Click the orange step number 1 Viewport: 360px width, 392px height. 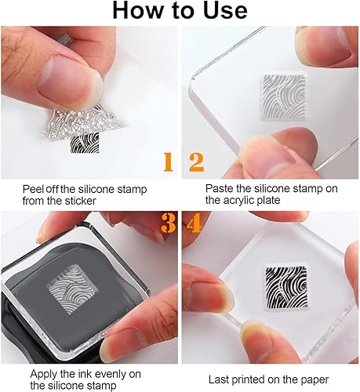pyautogui.click(x=169, y=162)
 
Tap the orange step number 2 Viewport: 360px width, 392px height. pyautogui.click(x=196, y=162)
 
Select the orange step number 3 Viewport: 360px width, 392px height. pyautogui.click(x=168, y=223)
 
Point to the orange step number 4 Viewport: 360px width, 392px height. pyautogui.click(x=194, y=223)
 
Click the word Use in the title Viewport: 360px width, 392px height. pyautogui.click(x=222, y=10)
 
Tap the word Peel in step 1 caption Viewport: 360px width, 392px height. pyautogui.click(x=33, y=189)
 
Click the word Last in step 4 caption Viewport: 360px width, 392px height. pyautogui.click(x=219, y=379)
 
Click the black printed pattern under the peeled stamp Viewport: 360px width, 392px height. pyautogui.click(x=85, y=143)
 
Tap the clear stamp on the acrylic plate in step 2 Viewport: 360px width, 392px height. pyautogui.click(x=284, y=97)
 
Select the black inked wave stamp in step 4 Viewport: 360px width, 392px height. pyautogui.click(x=286, y=287)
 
